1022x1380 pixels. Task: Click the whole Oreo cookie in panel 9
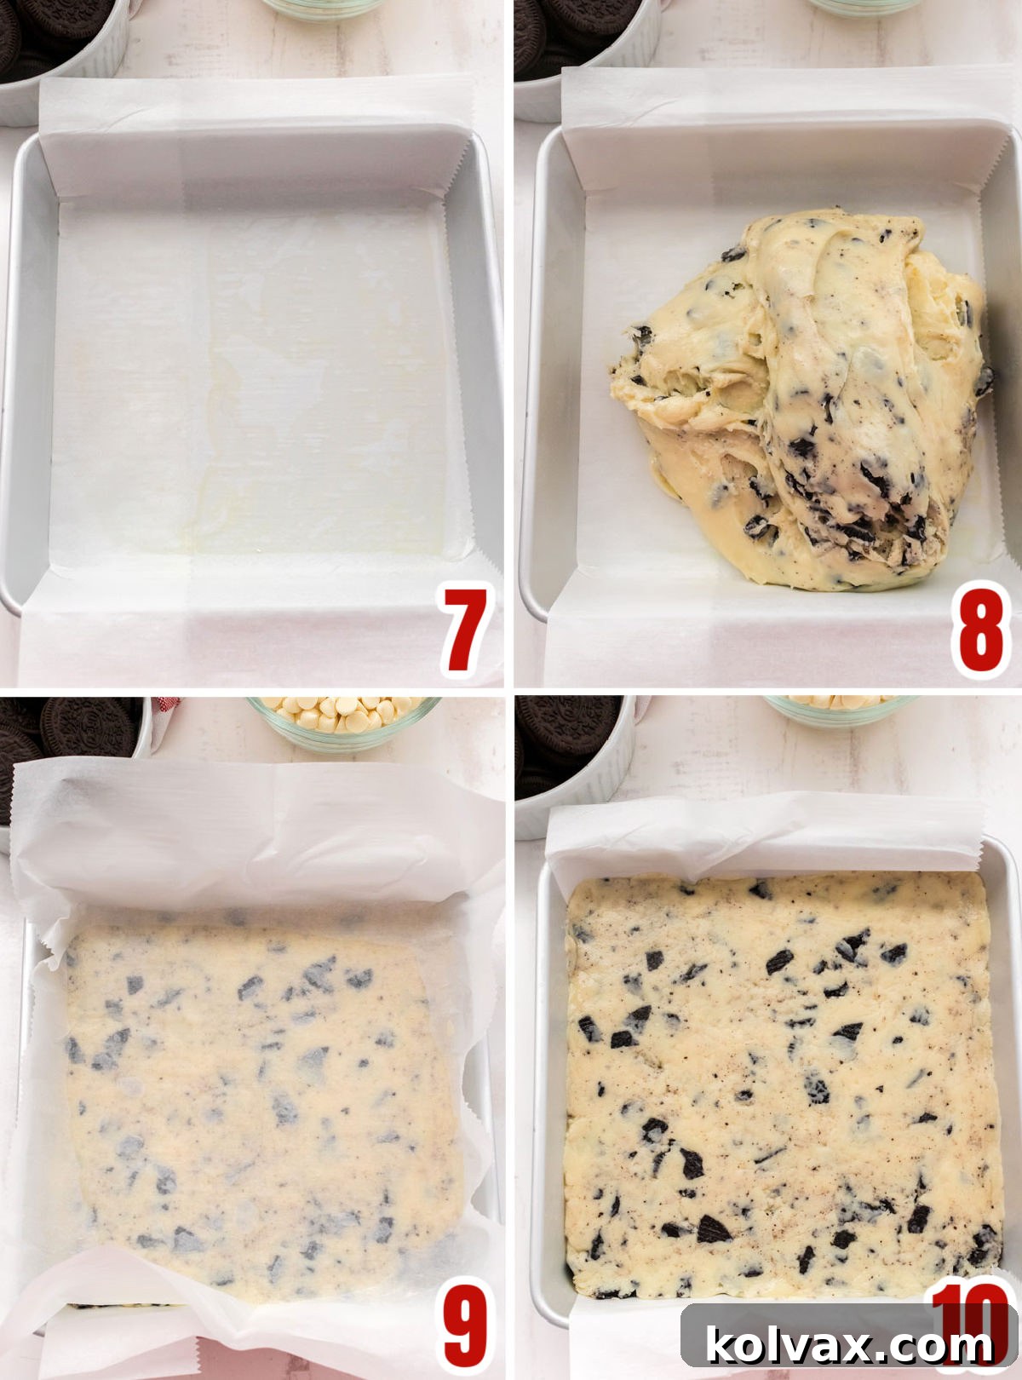(85, 726)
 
